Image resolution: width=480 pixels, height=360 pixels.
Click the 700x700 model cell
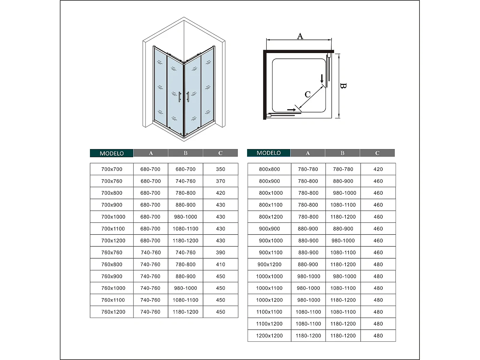pyautogui.click(x=112, y=169)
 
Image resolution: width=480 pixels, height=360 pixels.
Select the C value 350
pyautogui.click(x=220, y=169)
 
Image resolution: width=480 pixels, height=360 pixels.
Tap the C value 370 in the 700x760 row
pyautogui.click(x=220, y=181)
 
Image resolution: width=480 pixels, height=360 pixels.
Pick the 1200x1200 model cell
pyautogui.click(x=269, y=336)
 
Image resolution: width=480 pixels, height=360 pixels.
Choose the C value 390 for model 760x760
pyautogui.click(x=220, y=253)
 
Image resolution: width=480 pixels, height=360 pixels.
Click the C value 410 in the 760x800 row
pyautogui.click(x=220, y=264)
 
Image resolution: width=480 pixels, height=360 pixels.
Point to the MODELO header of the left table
pyautogui.click(x=112, y=153)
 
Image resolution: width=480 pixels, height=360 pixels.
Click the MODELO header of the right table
pyautogui.click(x=268, y=153)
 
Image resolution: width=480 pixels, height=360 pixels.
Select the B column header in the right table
pyautogui.click(x=342, y=153)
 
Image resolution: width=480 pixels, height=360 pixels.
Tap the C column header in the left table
pyautogui.click(x=220, y=153)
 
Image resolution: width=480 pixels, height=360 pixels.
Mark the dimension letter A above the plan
pyautogui.click(x=300, y=36)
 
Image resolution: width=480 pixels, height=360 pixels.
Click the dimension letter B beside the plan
pyautogui.click(x=343, y=86)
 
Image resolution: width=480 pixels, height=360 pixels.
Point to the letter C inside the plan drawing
pyautogui.click(x=307, y=94)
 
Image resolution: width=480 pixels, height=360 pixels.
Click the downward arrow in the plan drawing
pyautogui.click(x=322, y=79)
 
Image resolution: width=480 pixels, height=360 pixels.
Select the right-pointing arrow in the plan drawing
pyautogui.click(x=291, y=110)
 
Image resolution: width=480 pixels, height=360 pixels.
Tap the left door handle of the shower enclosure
pyautogui.click(x=180, y=97)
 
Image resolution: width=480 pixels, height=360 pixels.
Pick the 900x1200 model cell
pyautogui.click(x=269, y=264)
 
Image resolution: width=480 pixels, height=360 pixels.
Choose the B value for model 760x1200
pyautogui.click(x=185, y=312)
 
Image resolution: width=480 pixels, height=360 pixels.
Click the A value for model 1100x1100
pyautogui.click(x=308, y=312)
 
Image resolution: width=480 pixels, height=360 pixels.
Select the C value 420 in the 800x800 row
pyautogui.click(x=378, y=169)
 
